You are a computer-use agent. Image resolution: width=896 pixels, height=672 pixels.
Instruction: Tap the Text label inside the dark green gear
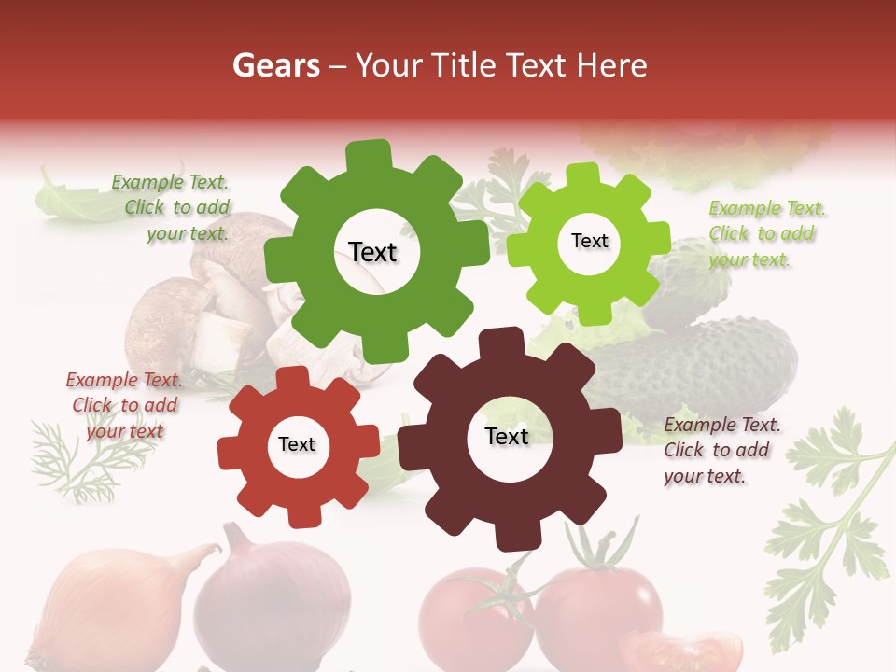pos(373,252)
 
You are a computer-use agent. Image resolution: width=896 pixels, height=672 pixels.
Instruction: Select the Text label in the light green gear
pos(590,241)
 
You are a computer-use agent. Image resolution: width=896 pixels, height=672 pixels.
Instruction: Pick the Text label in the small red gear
pos(297,444)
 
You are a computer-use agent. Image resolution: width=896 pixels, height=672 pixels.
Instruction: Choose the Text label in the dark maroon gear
pos(507,436)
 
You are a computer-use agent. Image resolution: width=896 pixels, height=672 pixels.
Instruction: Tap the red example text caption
pos(123,405)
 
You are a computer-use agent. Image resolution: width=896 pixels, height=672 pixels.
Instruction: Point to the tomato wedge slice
pos(681,651)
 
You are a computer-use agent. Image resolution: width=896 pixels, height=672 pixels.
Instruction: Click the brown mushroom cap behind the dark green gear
pos(163,317)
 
